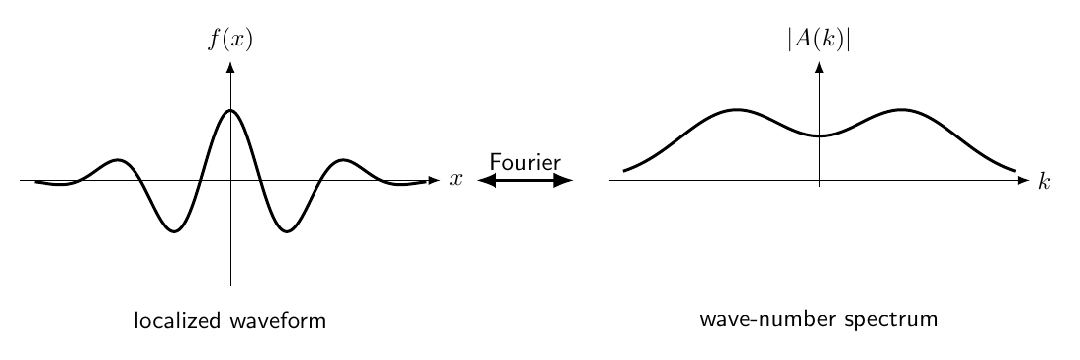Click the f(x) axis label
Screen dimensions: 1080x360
(x=230, y=40)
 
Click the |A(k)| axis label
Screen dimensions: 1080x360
(x=819, y=40)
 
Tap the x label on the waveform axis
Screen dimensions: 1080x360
(x=456, y=180)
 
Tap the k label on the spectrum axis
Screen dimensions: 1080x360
(x=1044, y=180)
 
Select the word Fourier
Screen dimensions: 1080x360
(x=525, y=162)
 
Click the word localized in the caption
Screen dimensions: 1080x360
(x=178, y=320)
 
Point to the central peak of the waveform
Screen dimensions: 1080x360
(x=230, y=110)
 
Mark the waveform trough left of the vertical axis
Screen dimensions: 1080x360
(x=174, y=231)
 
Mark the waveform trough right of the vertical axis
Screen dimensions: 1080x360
(x=287, y=231)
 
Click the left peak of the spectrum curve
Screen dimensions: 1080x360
(x=737, y=110)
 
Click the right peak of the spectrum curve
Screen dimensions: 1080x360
(x=901, y=110)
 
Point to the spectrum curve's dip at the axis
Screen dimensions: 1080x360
(x=819, y=135)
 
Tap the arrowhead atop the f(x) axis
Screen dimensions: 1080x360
(x=230, y=67)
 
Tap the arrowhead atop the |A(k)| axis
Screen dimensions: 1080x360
(x=819, y=67)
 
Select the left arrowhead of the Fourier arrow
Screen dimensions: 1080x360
(x=487, y=180)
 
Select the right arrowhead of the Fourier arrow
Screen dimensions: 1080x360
(x=564, y=180)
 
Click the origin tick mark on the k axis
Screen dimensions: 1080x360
(x=819, y=183)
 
